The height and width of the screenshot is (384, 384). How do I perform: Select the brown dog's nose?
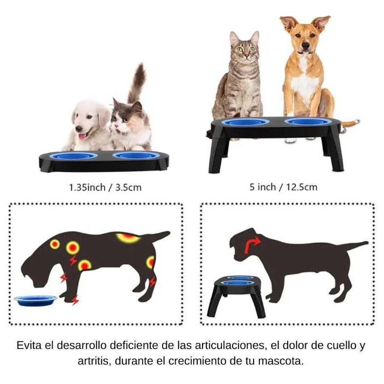(306, 45)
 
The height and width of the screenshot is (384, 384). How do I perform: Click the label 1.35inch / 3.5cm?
(106, 186)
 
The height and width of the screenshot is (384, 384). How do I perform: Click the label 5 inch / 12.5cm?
(283, 186)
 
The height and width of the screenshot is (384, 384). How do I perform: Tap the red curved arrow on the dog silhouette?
(252, 245)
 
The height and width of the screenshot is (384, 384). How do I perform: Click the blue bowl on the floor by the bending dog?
(36, 300)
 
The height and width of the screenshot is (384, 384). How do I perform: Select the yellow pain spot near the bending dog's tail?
(128, 238)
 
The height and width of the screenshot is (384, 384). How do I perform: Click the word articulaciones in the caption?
(231, 346)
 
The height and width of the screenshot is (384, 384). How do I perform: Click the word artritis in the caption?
(93, 362)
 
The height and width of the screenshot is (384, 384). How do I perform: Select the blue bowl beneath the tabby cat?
(245, 122)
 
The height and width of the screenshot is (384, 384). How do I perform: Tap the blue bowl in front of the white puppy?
(73, 156)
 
